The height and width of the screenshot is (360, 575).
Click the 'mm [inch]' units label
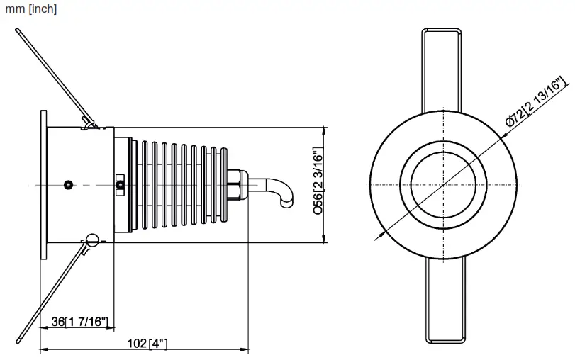30,9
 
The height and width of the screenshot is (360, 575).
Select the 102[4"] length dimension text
147,344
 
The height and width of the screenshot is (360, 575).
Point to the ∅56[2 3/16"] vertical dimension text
318,181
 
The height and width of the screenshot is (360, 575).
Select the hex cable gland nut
235,184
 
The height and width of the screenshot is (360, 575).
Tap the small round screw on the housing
67,184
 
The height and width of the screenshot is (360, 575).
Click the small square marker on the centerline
121,185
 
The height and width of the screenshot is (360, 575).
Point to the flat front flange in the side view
44,184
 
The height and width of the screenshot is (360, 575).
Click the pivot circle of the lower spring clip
90,239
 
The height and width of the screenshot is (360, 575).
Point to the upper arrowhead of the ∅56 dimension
325,132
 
